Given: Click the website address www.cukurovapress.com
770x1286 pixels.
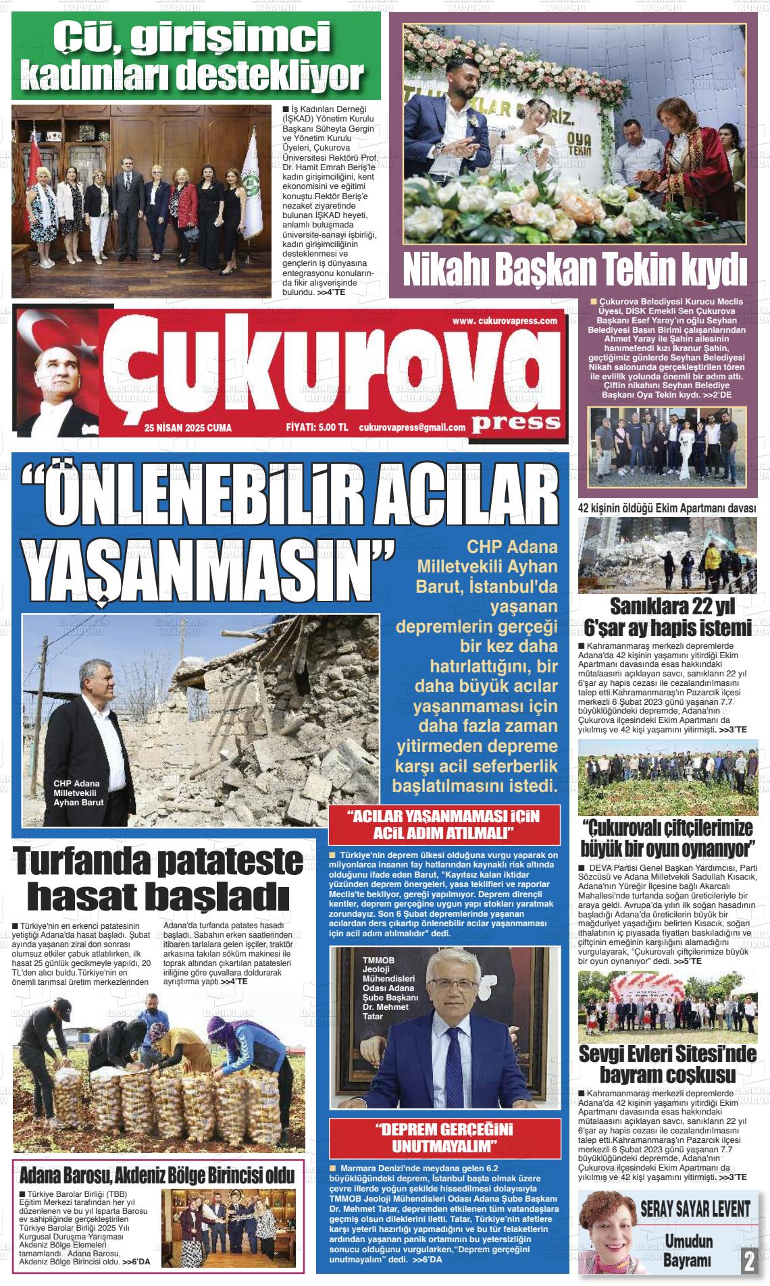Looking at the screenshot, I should coord(504,321).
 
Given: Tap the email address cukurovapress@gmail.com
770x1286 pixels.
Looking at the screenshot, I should coord(412,427).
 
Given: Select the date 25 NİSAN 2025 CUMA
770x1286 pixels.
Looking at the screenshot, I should coord(188,427).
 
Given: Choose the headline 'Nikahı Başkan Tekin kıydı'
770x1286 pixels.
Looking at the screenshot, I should coord(575,270).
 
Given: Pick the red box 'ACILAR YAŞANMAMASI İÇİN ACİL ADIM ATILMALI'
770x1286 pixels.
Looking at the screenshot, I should coord(443,823).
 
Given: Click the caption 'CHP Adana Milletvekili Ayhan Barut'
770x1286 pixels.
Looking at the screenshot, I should coord(78,793).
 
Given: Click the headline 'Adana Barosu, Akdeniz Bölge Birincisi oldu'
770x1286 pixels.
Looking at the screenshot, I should coord(157,1175).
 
